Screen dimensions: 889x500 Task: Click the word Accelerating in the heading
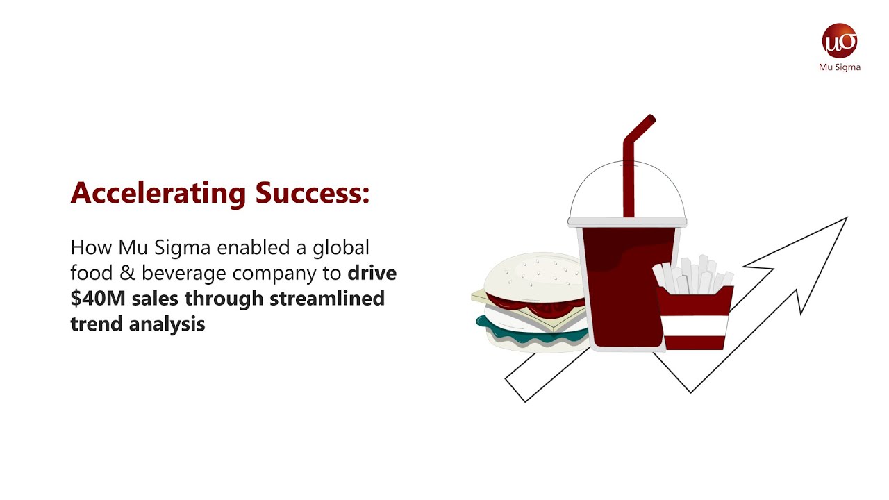[158, 193]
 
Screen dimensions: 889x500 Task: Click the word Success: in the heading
[312, 193]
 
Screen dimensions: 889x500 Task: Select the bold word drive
[372, 273]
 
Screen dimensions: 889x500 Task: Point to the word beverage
[183, 273]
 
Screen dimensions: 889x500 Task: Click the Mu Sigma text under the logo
[840, 67]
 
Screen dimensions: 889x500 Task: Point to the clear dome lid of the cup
[604, 191]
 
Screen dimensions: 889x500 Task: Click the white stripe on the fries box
[695, 325]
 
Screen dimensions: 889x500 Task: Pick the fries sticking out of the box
[691, 274]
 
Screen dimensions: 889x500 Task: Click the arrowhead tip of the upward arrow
[845, 219]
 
